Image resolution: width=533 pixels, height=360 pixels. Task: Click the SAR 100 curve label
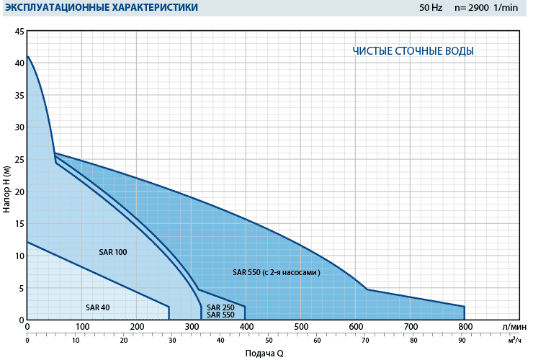tap(112, 252)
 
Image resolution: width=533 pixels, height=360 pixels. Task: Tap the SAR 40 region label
tap(98, 307)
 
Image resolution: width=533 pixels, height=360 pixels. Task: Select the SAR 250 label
tap(220, 307)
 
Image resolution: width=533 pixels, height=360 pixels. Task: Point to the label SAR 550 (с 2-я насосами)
tap(277, 272)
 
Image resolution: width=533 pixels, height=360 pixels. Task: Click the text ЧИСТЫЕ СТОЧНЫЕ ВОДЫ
tap(413, 51)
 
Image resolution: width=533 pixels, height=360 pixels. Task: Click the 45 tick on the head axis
tap(19, 32)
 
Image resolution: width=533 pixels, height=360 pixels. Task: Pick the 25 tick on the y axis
tap(19, 160)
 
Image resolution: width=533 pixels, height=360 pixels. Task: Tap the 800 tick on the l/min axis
tap(465, 327)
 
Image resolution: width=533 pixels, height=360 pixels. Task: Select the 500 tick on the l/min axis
tap(301, 327)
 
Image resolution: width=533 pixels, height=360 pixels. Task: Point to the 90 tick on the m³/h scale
tap(462, 341)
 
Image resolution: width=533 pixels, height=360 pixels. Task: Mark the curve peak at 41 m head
tap(28, 57)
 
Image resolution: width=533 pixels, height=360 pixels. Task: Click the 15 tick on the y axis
tap(19, 224)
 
